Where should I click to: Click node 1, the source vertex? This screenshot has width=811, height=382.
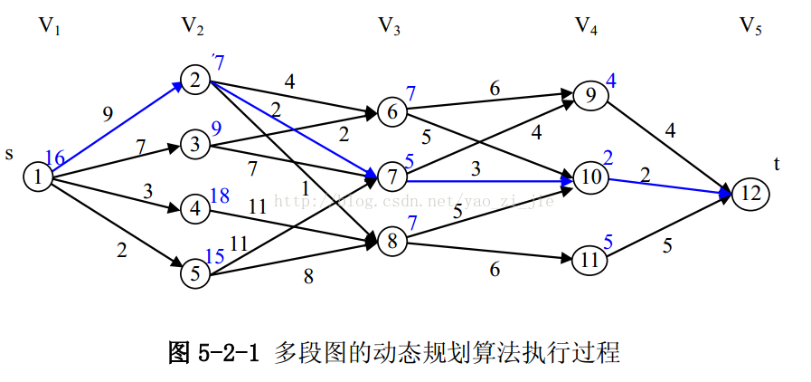click(x=37, y=178)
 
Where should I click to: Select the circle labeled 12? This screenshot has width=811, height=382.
click(x=750, y=193)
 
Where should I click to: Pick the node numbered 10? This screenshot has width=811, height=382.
click(x=589, y=178)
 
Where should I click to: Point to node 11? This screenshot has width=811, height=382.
click(x=589, y=260)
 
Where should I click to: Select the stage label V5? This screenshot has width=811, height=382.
click(x=750, y=26)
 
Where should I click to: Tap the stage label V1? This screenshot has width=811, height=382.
click(x=49, y=26)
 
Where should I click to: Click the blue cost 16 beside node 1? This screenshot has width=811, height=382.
click(x=54, y=159)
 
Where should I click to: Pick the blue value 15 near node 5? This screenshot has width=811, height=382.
click(x=214, y=256)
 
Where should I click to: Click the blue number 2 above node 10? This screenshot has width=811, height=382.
click(x=608, y=158)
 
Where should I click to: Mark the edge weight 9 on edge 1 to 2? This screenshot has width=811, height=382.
click(x=108, y=114)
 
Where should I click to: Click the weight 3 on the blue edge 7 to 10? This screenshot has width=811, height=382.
click(x=474, y=169)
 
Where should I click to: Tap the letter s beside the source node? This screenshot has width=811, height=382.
click(x=9, y=154)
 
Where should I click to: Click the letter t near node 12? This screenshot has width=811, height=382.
click(x=777, y=163)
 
